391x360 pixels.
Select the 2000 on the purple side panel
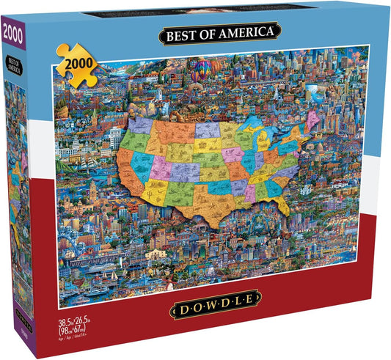12,34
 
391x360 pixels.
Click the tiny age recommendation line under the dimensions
70,340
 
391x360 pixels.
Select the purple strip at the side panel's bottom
21,334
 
